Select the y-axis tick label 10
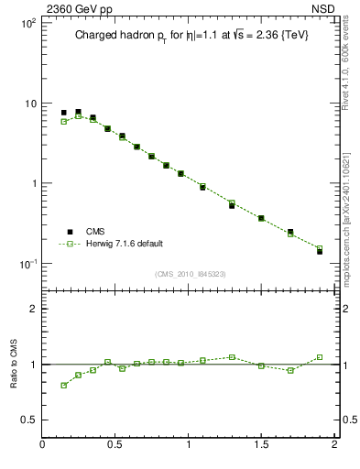pyautogui.click(x=30, y=104)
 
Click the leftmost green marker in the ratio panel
pyautogui.click(x=63, y=385)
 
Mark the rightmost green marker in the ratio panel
pyautogui.click(x=320, y=357)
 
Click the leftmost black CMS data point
pyautogui.click(x=63, y=113)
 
